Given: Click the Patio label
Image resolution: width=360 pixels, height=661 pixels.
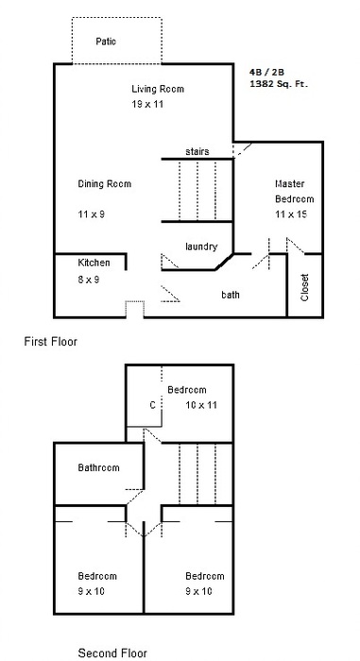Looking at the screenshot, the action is tap(106, 42).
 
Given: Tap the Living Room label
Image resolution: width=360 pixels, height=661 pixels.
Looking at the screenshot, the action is tap(158, 89).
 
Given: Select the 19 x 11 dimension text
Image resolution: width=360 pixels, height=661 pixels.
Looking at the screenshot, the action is tap(147, 104).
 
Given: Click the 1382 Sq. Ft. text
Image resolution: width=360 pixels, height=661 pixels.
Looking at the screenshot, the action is tap(279, 84).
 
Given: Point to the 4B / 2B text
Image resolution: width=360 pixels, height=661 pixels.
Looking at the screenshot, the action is tap(266, 73).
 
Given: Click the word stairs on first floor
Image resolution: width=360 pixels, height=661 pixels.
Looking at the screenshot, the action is tap(197, 151).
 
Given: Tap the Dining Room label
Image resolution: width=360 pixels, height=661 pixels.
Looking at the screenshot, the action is tap(105, 184).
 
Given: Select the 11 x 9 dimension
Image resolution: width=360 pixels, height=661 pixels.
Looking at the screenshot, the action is tap(91, 214).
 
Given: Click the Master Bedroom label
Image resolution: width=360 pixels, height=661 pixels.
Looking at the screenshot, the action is tap(295, 192).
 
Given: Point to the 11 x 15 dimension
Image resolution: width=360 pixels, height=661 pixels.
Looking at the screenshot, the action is tap(291, 214).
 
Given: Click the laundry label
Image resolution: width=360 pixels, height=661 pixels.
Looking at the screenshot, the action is tap(201, 246).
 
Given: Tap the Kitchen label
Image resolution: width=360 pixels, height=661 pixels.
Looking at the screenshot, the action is tap(94, 263).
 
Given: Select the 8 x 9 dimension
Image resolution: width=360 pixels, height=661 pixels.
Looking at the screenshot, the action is tap(89, 280).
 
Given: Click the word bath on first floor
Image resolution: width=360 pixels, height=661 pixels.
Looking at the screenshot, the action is tap(231, 295).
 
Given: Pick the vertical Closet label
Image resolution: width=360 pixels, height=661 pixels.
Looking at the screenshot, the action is tap(305, 287).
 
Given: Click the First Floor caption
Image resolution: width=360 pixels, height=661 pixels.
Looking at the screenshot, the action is tap(51, 341).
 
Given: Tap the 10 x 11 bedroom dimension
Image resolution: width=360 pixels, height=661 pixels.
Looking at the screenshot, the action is tap(201, 405).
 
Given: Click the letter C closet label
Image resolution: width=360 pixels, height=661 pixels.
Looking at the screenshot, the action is tap(153, 405).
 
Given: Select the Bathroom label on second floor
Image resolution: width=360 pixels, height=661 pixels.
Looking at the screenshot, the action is tap(99, 467).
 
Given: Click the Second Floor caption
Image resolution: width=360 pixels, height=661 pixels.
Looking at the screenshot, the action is tap(112, 653).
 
